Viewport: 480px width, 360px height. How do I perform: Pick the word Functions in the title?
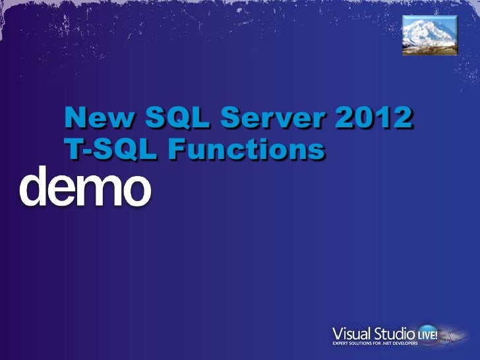pyautogui.click(x=245, y=149)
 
